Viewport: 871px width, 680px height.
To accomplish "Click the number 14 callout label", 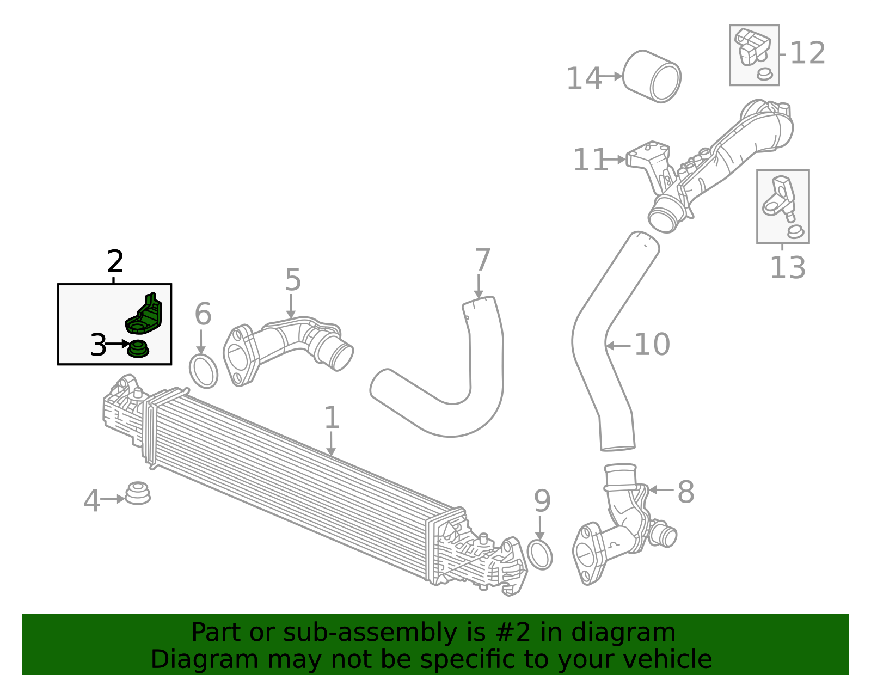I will pos(584,79).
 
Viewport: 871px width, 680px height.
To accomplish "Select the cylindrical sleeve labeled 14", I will pos(652,77).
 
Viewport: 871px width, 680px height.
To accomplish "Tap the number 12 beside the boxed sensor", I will pos(807,53).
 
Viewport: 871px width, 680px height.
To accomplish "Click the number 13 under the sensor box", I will pos(787,268).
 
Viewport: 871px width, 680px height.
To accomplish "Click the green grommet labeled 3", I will pos(138,348).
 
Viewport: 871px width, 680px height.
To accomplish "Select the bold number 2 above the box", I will pos(115,262).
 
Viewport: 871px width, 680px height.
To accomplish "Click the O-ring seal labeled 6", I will pos(204,371).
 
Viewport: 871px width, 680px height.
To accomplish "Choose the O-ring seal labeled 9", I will pos(540,555).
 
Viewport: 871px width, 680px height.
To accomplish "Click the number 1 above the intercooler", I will pos(332,418).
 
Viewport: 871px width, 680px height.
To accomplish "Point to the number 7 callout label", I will pos(482,260).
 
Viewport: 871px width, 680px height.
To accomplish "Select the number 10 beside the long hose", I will pos(652,345).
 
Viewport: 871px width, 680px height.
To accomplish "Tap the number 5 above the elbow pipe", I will pos(292,280).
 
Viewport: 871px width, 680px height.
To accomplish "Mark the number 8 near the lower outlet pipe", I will pos(685,492).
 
